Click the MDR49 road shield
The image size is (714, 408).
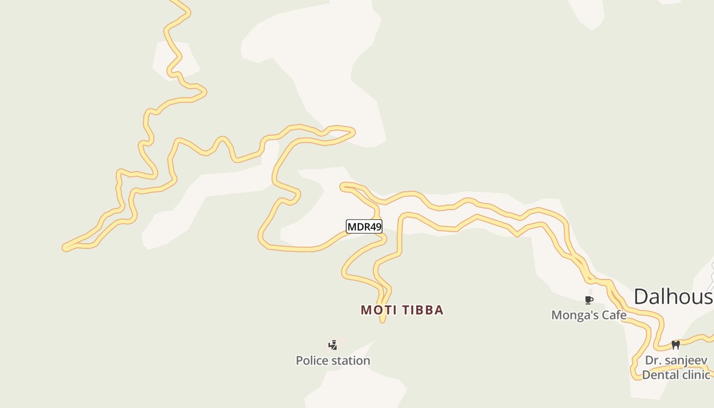364,226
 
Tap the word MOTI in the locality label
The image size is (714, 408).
378,310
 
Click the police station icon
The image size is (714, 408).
333,345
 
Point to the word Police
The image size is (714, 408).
312,361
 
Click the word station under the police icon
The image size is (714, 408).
350,361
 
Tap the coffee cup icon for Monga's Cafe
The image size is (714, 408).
589,300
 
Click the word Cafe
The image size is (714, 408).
614,315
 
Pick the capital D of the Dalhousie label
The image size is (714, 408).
643,297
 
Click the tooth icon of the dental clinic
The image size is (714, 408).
676,345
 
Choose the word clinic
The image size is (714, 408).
696,375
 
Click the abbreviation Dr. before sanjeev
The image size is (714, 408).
653,361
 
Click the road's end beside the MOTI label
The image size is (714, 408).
382,320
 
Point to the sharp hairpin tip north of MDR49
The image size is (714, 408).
353,132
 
